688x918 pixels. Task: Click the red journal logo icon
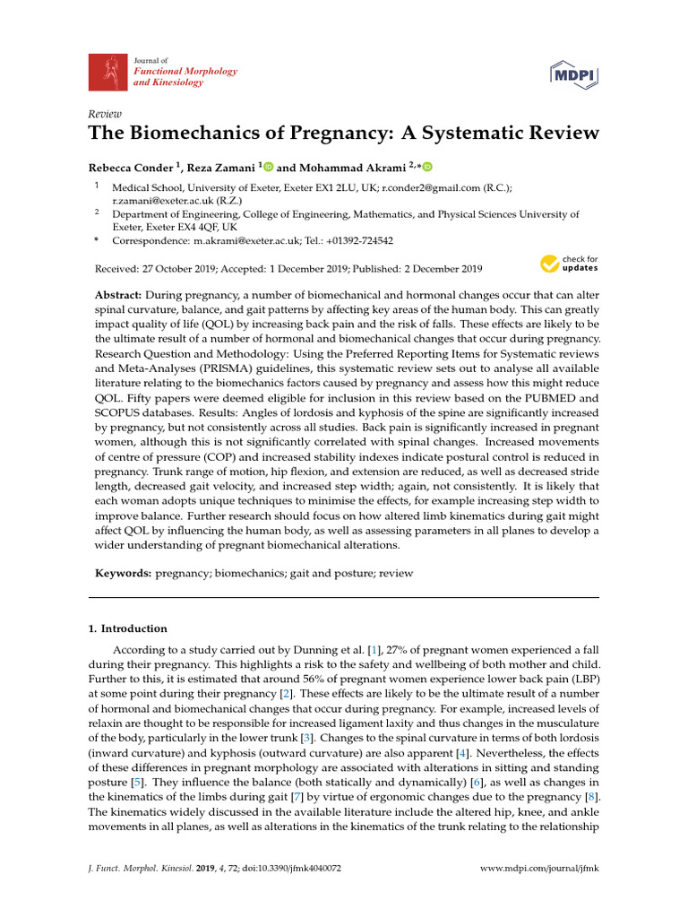point(107,72)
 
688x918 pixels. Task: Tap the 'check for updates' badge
point(569,264)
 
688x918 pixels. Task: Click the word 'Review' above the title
point(105,114)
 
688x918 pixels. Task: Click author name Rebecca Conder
point(130,167)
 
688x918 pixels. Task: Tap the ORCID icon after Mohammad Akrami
point(427,166)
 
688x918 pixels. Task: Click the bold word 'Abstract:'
point(118,295)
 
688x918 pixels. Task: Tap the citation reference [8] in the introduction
point(590,797)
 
